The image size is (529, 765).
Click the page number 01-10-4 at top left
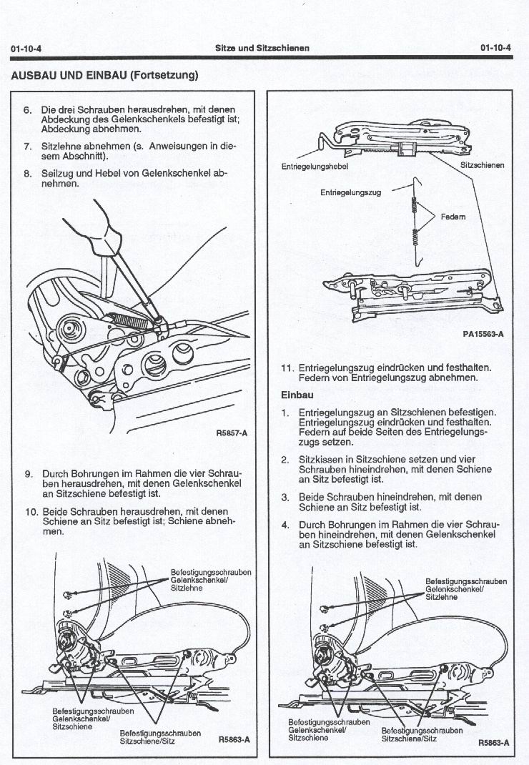26,49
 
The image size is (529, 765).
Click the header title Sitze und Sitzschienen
262,48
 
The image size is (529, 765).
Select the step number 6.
27,110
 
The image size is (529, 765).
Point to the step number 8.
27,173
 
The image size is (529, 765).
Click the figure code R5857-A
232,433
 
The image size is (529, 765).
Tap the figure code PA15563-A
483,334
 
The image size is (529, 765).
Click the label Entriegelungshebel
315,167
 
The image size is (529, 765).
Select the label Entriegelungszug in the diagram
351,193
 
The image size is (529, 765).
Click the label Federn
453,217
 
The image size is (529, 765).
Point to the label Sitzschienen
482,165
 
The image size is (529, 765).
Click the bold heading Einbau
297,395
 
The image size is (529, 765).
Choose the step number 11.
287,368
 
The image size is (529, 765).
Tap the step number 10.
31,512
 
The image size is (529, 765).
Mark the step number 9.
29,474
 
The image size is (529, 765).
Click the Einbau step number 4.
285,525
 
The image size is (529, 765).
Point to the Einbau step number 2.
285,460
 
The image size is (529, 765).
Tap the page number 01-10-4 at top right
495,48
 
